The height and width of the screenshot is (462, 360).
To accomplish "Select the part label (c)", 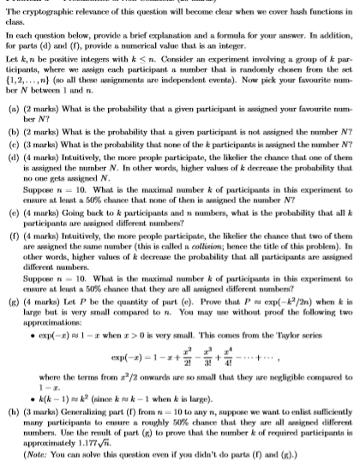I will [x=13, y=140].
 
